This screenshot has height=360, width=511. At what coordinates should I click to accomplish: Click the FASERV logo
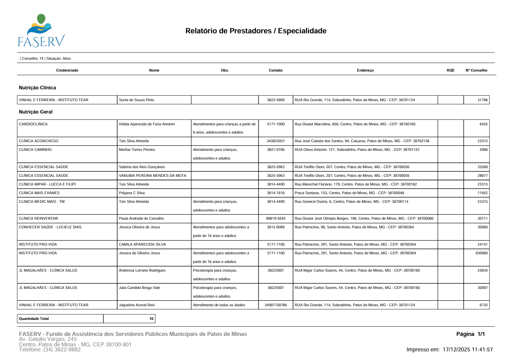(41, 31)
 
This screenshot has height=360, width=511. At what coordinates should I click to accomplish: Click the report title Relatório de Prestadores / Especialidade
(256, 31)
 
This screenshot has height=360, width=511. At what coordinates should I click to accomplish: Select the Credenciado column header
(67, 71)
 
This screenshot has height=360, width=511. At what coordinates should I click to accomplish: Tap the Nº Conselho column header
(476, 71)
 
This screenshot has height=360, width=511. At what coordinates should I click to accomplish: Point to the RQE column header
(450, 71)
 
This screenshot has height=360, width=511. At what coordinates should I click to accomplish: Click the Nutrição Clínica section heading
(37, 87)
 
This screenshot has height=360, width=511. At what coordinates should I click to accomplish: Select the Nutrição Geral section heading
(36, 112)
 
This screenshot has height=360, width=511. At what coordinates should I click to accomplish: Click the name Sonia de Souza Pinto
(136, 100)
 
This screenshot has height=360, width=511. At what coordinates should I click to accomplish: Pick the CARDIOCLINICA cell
(33, 124)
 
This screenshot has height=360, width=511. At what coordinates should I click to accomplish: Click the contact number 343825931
(276, 141)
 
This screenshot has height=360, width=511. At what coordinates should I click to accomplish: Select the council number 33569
(482, 167)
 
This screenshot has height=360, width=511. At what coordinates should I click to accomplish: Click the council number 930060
(482, 253)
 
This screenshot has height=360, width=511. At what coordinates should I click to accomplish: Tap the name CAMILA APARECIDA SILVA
(142, 244)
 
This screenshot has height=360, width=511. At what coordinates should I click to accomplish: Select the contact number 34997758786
(276, 305)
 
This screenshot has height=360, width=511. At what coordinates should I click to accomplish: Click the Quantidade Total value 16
(151, 319)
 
